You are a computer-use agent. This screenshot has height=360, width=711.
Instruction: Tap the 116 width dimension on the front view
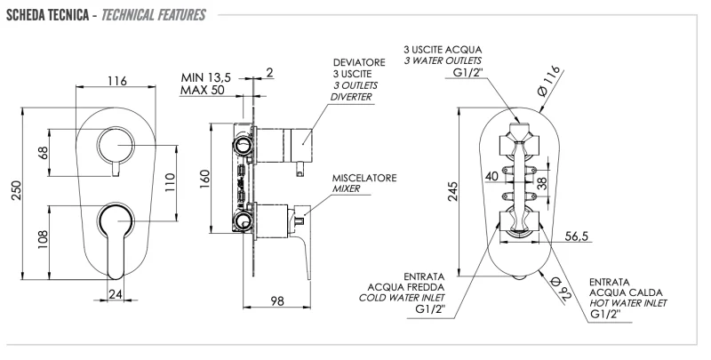(116, 81)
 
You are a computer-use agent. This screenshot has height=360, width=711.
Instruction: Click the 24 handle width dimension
(116, 292)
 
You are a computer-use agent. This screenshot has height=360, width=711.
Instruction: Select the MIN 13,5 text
(205, 78)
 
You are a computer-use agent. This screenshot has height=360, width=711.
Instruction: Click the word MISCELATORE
(364, 178)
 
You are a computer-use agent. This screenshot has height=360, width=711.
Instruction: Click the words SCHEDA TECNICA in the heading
(44, 15)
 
